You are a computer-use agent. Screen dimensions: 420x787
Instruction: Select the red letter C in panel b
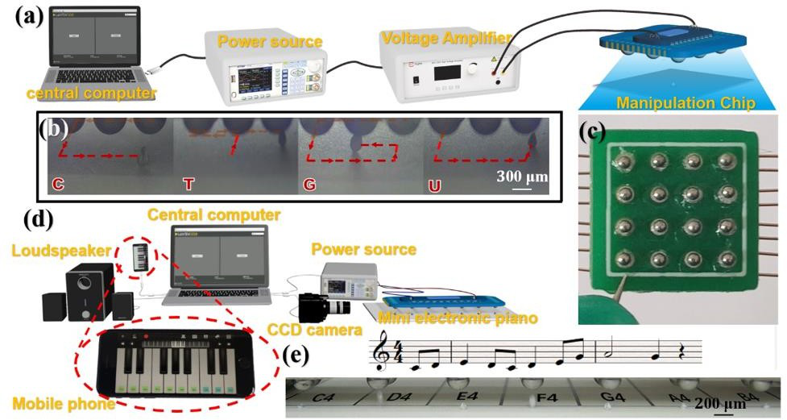click(58, 184)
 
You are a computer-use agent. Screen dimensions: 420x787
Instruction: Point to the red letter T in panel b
click(188, 184)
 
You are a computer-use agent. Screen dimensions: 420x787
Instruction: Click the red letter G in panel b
click(309, 184)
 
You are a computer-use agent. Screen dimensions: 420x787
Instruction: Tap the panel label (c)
click(597, 134)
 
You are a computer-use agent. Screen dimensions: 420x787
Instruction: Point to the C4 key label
click(325, 397)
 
